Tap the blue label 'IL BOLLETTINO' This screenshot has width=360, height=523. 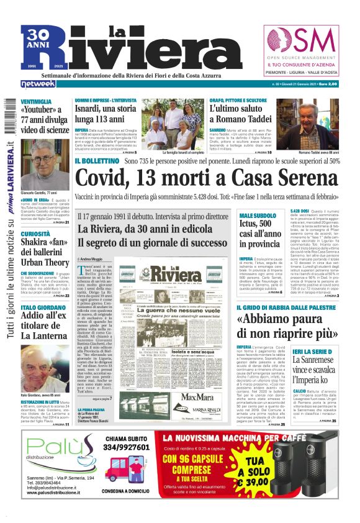97,161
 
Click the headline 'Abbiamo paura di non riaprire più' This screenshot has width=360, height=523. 283,327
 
